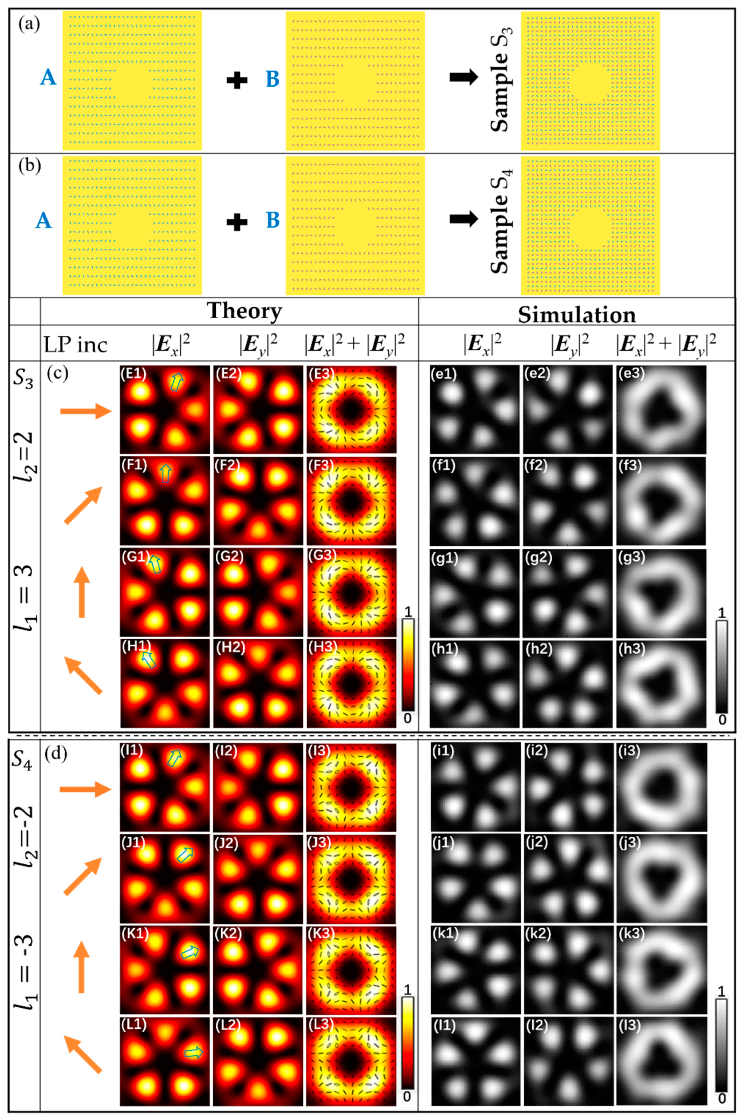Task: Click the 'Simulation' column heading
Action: [577, 315]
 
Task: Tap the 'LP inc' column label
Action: [75, 345]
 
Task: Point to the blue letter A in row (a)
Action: [48, 77]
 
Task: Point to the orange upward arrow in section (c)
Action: [82, 592]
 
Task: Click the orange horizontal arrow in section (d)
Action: [84, 789]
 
